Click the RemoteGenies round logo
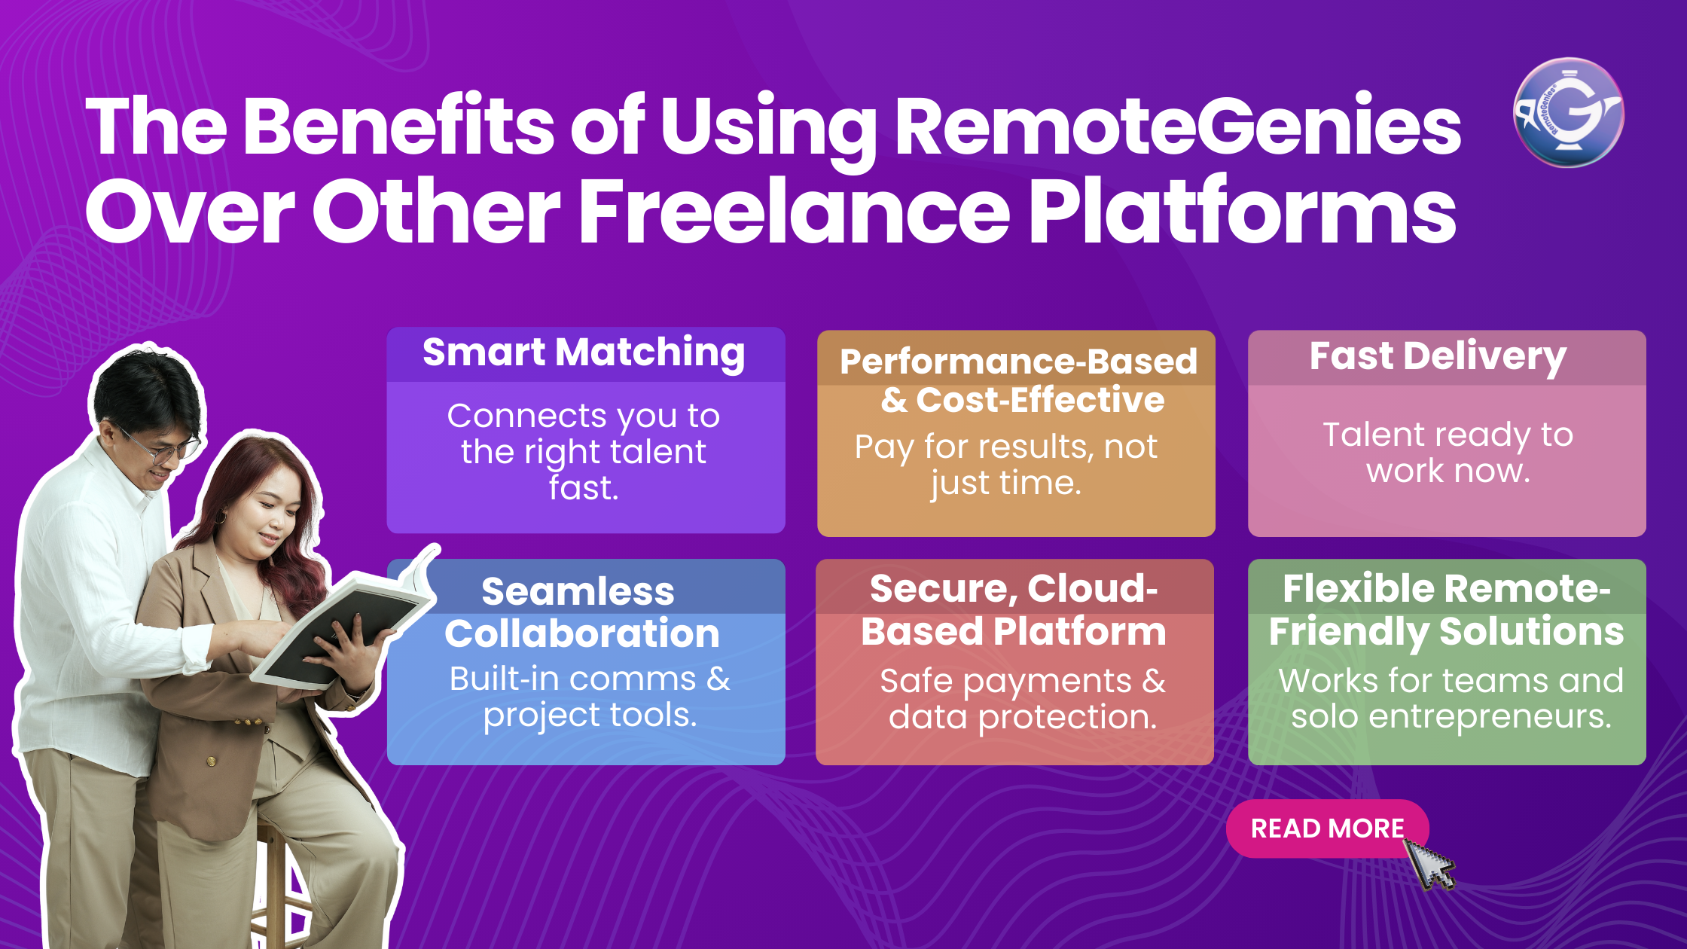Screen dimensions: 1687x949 (x=1568, y=113)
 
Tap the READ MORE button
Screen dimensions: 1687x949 (x=1327, y=828)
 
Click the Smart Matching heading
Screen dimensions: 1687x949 (x=584, y=352)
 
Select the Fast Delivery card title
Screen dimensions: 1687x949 (x=1438, y=356)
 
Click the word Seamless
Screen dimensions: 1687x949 (x=578, y=591)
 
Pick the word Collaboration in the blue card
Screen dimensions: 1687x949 (x=581, y=633)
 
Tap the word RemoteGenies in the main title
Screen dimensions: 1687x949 (x=1178, y=126)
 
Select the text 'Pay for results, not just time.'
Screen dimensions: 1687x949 (x=1006, y=465)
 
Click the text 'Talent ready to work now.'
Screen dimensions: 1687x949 (x=1448, y=453)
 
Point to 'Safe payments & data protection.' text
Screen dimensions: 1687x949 (x=1022, y=699)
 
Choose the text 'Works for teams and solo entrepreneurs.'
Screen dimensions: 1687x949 (x=1451, y=698)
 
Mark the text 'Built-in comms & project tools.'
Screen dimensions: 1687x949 (x=590, y=697)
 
